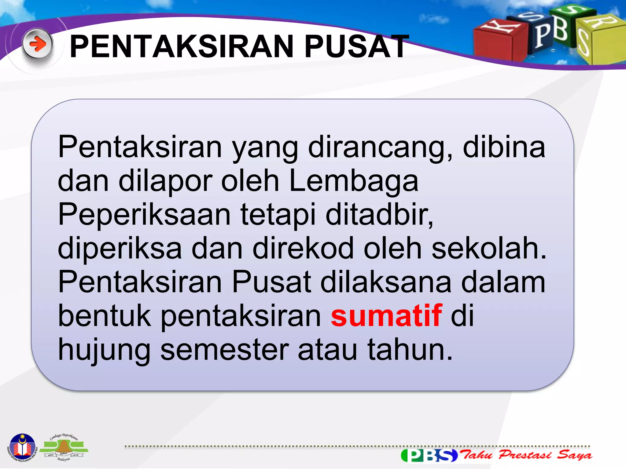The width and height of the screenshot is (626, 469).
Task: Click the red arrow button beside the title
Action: (x=38, y=45)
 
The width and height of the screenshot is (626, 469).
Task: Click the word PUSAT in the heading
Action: (x=356, y=46)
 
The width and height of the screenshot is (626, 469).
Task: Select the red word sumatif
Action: (x=386, y=315)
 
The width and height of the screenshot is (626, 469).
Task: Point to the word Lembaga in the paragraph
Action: (x=353, y=181)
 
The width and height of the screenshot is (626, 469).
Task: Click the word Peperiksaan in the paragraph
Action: (x=144, y=215)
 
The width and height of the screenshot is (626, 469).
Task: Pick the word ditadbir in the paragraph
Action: (x=379, y=214)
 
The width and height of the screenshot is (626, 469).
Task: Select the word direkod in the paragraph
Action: (x=303, y=248)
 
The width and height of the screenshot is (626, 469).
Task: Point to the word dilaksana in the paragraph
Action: (x=385, y=282)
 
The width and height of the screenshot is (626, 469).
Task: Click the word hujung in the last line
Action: (x=104, y=350)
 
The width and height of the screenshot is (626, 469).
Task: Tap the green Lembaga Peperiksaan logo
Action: (x=64, y=448)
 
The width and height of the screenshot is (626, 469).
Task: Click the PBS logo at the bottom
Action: (x=429, y=455)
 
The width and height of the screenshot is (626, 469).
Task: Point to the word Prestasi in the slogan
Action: (x=525, y=455)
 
